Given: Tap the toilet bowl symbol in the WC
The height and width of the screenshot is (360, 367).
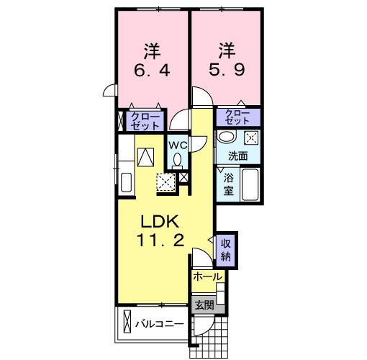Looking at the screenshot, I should [178, 159].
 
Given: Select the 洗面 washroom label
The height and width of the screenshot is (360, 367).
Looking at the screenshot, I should [238, 156].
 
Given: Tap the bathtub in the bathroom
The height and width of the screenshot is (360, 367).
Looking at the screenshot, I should [250, 185].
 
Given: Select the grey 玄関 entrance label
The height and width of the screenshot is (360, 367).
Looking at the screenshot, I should [204, 305].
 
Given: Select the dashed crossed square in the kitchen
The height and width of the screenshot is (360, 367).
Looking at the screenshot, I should [166, 181].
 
